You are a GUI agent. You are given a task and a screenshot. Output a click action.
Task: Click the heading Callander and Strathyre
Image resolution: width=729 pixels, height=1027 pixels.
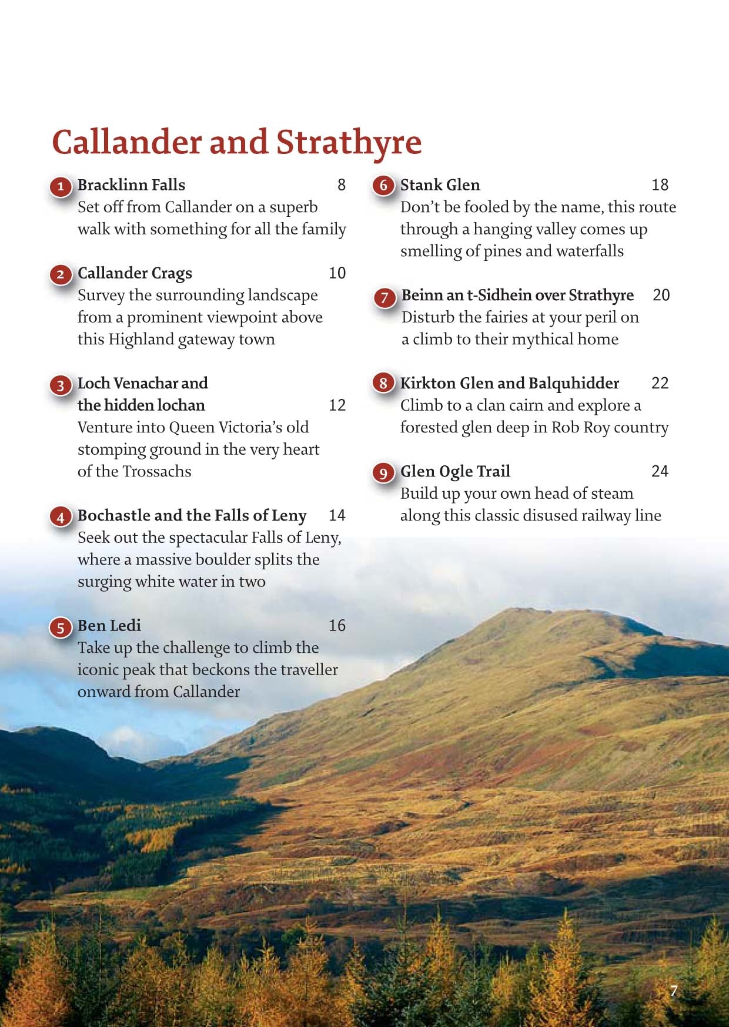(237, 143)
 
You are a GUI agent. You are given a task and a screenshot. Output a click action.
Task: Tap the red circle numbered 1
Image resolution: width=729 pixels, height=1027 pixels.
(60, 187)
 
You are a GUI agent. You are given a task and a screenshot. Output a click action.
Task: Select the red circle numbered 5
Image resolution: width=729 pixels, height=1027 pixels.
(60, 627)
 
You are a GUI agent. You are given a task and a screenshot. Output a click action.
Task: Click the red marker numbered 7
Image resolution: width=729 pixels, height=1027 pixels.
(384, 297)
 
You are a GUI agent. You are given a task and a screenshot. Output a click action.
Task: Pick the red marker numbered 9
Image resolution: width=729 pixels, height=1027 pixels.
(383, 473)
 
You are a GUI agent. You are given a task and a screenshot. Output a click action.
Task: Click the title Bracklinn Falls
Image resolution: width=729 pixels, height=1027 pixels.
(131, 185)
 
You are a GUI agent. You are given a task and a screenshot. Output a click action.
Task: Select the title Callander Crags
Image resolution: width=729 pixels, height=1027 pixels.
(135, 273)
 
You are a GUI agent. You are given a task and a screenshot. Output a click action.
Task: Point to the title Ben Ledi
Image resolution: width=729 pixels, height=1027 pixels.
(109, 625)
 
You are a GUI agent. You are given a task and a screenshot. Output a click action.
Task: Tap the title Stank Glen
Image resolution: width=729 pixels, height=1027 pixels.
(440, 185)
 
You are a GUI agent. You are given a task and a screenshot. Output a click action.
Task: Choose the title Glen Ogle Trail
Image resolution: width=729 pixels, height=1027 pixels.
(455, 471)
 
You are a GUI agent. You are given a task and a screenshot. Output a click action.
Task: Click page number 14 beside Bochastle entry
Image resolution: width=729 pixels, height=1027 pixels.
(337, 515)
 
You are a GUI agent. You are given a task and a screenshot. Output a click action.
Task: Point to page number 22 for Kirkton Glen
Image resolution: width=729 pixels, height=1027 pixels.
(660, 383)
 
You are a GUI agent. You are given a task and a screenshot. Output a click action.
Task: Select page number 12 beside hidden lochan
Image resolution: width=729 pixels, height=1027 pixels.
(337, 405)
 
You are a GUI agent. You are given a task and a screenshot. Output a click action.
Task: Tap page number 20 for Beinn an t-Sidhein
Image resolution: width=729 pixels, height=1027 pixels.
(661, 295)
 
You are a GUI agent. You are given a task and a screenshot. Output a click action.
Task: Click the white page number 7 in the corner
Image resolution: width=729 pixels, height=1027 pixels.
(674, 991)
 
